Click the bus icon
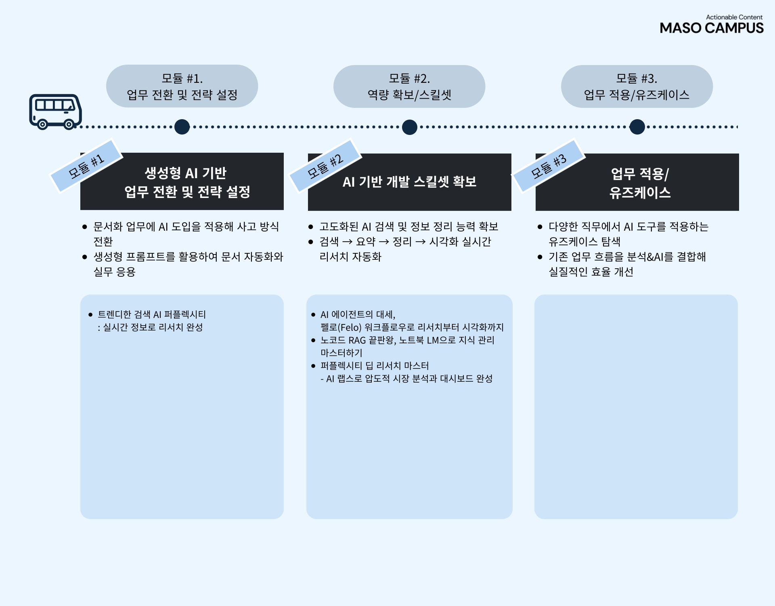(55, 112)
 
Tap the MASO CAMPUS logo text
(711, 28)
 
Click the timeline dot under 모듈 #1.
(182, 127)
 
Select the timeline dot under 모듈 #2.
(410, 127)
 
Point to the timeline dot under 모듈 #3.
(637, 127)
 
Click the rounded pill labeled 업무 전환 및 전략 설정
(182, 86)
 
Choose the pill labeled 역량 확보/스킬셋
(409, 86)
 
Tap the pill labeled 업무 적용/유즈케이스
(637, 86)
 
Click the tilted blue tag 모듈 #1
(86, 166)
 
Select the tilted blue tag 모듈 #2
(325, 166)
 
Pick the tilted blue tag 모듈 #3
(549, 166)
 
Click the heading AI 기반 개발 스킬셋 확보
(409, 182)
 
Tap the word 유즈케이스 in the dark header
(640, 193)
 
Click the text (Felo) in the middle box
(350, 327)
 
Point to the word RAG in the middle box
(357, 340)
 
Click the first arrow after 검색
(347, 242)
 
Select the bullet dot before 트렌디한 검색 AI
(90, 315)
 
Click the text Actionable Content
(734, 17)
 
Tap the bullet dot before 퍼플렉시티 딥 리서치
(313, 366)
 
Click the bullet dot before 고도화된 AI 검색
(311, 227)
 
